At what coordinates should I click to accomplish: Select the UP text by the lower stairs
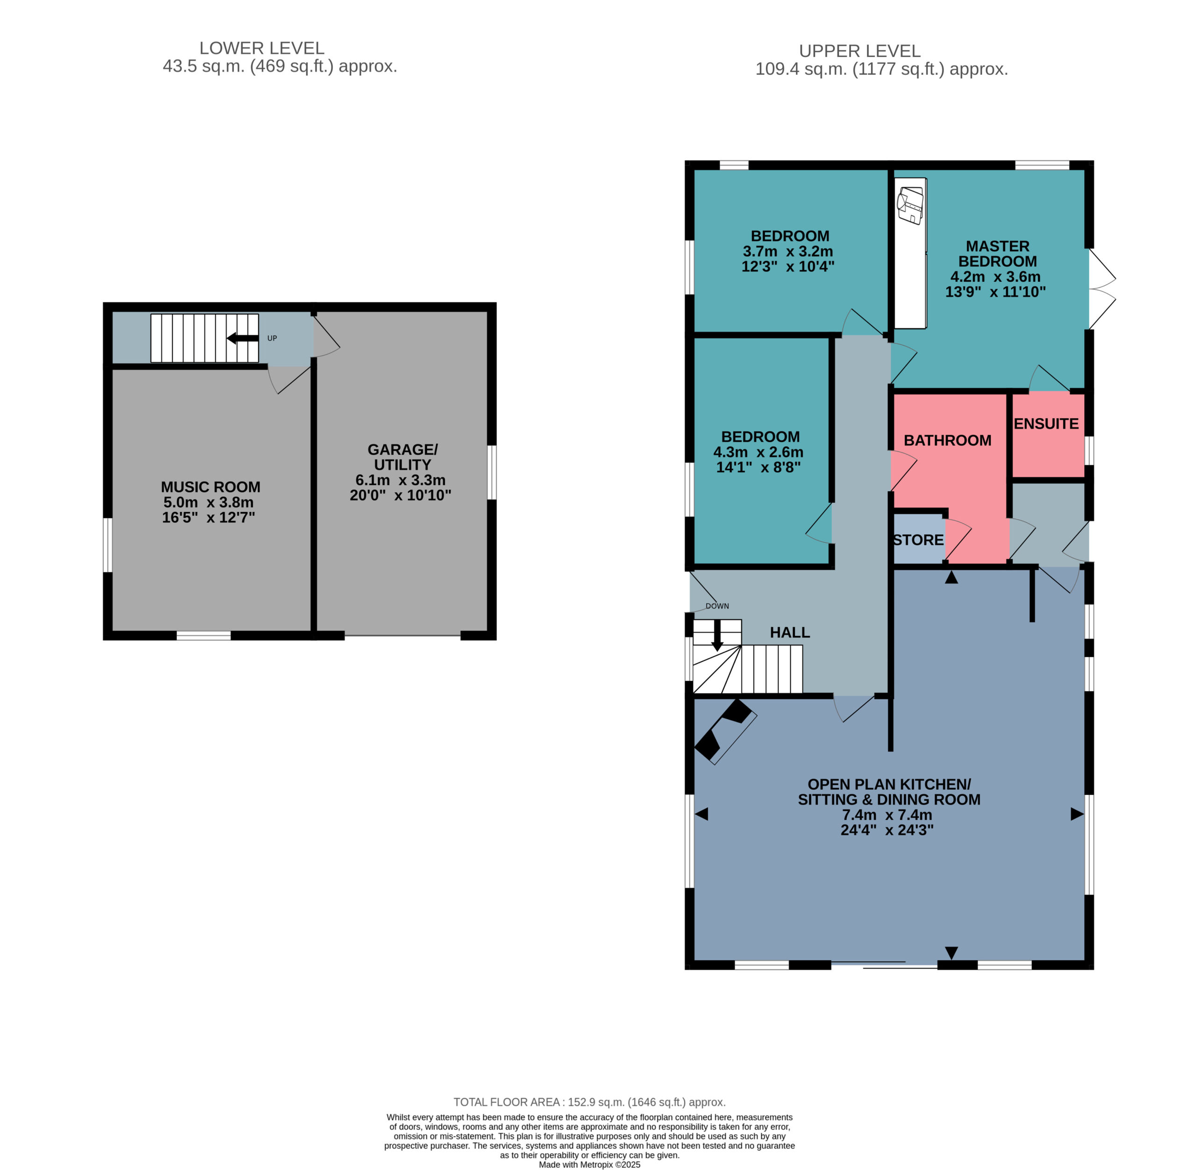click(272, 338)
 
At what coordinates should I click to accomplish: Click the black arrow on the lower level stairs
click(243, 338)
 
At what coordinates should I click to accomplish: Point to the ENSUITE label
click(1046, 423)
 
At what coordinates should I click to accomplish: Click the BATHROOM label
click(947, 440)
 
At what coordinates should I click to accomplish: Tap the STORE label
click(918, 540)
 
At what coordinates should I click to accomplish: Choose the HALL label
click(790, 632)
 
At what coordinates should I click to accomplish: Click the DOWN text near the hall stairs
click(717, 606)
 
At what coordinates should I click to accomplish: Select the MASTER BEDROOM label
click(997, 253)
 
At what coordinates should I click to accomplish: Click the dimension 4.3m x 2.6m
click(758, 452)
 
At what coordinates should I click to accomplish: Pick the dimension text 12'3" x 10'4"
click(788, 266)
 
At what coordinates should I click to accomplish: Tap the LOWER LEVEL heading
click(262, 48)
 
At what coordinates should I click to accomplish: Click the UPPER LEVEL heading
click(860, 51)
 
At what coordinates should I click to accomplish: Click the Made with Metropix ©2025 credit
click(589, 1164)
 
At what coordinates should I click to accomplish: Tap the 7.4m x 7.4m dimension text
click(887, 815)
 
